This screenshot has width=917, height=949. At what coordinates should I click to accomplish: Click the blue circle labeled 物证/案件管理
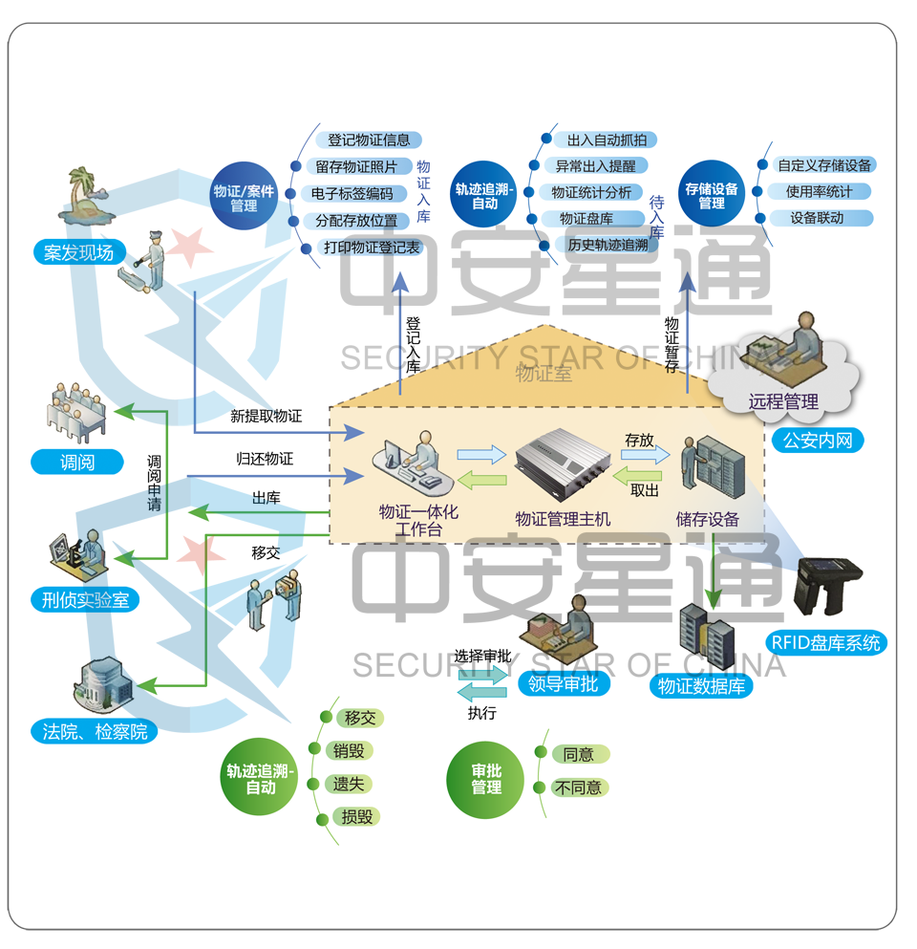(245, 196)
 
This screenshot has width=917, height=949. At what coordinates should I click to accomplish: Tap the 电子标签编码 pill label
(352, 194)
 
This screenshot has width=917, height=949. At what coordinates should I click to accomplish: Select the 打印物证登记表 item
(372, 248)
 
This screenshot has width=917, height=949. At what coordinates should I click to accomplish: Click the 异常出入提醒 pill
(595, 166)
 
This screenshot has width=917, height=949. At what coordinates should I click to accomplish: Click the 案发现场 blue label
(78, 252)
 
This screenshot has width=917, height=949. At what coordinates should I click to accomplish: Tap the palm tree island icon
(88, 198)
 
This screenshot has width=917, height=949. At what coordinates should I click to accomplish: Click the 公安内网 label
(817, 441)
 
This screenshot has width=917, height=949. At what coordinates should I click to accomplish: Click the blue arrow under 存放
(646, 455)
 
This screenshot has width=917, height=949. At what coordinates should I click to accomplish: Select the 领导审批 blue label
(564, 683)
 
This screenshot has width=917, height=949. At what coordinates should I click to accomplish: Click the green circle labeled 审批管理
(486, 779)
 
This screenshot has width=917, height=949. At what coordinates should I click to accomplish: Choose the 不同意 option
(579, 787)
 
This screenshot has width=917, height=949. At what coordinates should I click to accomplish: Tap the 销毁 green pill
(348, 751)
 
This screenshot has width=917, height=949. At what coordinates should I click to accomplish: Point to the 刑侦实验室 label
(85, 600)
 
